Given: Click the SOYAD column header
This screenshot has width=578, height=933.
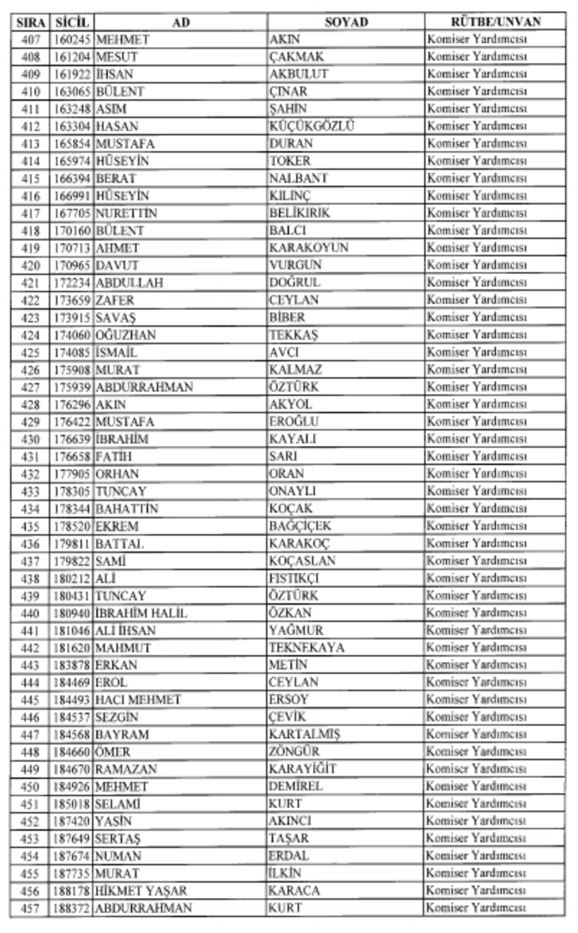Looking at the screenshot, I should tap(345, 22).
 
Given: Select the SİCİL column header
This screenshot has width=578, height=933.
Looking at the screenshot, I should tap(73, 22).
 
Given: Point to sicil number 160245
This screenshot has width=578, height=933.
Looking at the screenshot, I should tap(73, 40).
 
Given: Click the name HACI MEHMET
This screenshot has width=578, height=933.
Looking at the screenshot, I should tap(138, 700).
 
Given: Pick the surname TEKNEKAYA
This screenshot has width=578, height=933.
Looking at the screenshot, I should tap(306, 648).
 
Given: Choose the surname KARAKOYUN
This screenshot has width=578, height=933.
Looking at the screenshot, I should tap(308, 247).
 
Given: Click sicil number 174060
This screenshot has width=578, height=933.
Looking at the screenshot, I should tap(73, 335).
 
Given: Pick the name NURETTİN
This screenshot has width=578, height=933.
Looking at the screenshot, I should tap(126, 213).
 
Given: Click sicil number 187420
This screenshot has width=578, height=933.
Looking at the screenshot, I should tap(73, 821).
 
